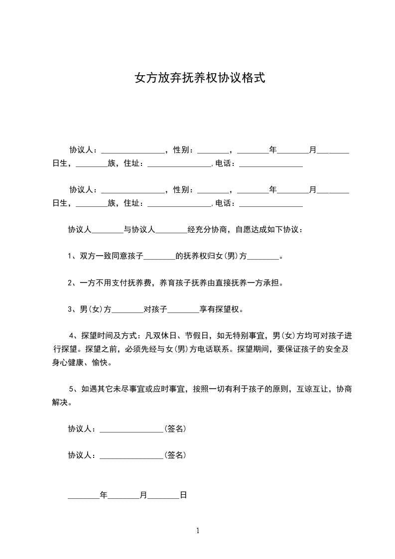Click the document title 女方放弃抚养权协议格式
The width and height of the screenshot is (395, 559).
pyautogui.click(x=200, y=78)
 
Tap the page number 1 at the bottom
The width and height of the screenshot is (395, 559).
pyautogui.click(x=198, y=531)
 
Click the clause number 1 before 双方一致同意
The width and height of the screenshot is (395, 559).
pyautogui.click(x=70, y=257)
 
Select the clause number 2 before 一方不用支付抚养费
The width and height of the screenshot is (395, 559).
pyautogui.click(x=70, y=283)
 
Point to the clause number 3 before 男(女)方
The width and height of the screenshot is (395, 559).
pyautogui.click(x=70, y=309)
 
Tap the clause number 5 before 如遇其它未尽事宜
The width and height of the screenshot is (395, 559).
pyautogui.click(x=71, y=389)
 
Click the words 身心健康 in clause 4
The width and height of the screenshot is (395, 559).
pyautogui.click(x=68, y=362)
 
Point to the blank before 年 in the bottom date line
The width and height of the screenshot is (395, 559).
pyautogui.click(x=84, y=496)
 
